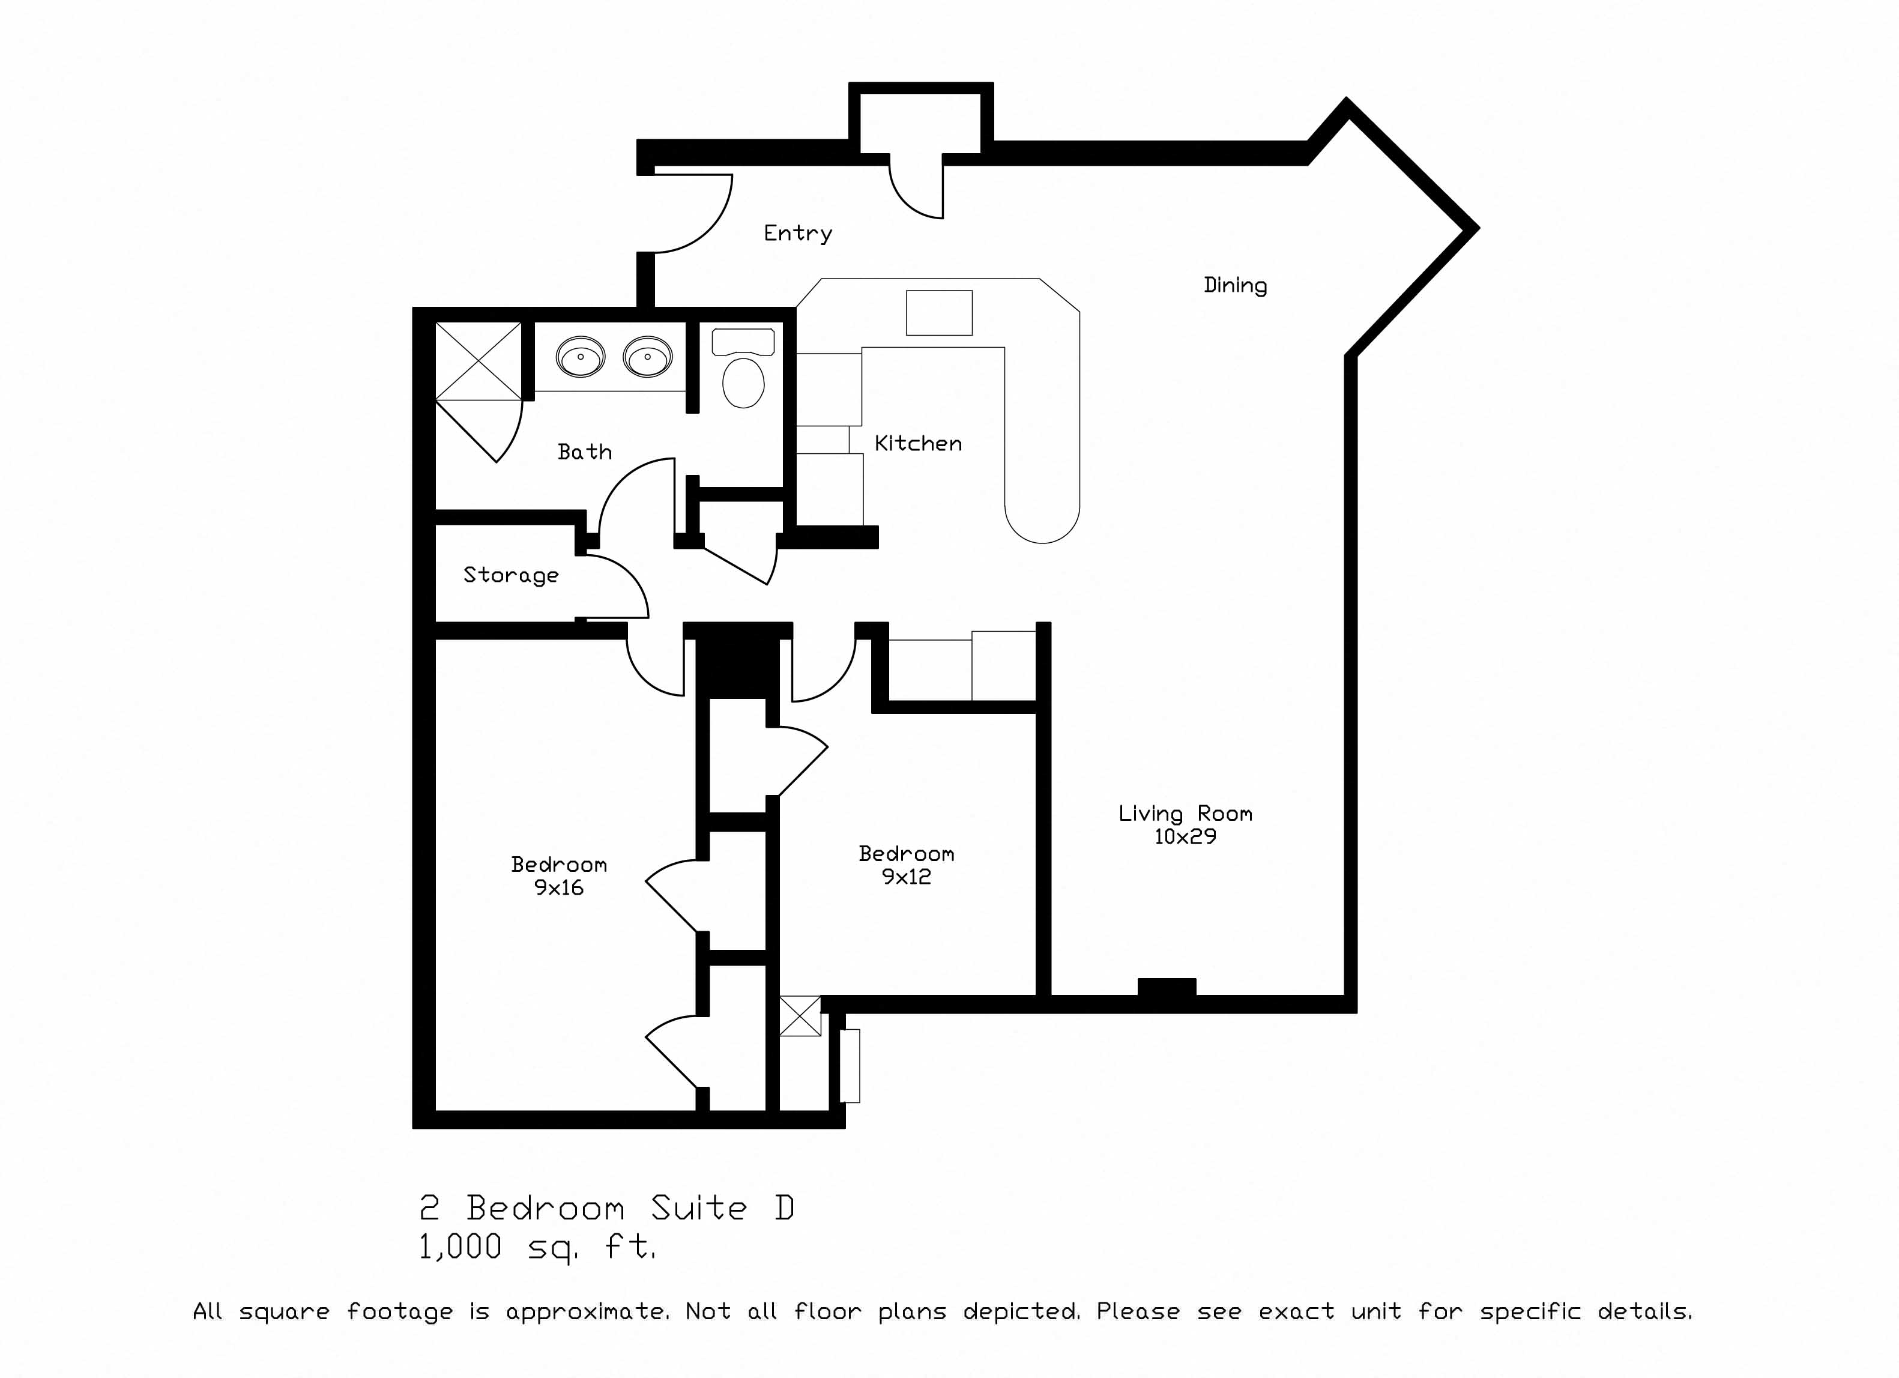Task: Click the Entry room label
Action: tap(797, 234)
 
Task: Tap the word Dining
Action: tap(1235, 285)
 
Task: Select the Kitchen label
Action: tap(918, 443)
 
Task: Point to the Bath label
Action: tap(584, 452)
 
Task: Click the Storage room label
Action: tap(511, 575)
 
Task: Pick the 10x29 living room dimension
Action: tap(1185, 836)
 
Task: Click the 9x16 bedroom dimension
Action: tap(558, 887)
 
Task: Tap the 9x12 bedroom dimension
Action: tap(906, 877)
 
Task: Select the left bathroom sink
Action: tap(580, 357)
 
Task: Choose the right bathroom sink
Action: tap(647, 357)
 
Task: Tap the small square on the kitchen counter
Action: tap(938, 312)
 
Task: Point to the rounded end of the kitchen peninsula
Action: tap(1042, 523)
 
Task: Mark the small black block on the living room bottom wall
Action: tap(1167, 987)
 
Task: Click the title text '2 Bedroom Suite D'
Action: tap(607, 1208)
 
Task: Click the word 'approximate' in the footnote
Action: tap(587, 1312)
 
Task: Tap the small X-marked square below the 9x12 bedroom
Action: tap(800, 1015)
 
